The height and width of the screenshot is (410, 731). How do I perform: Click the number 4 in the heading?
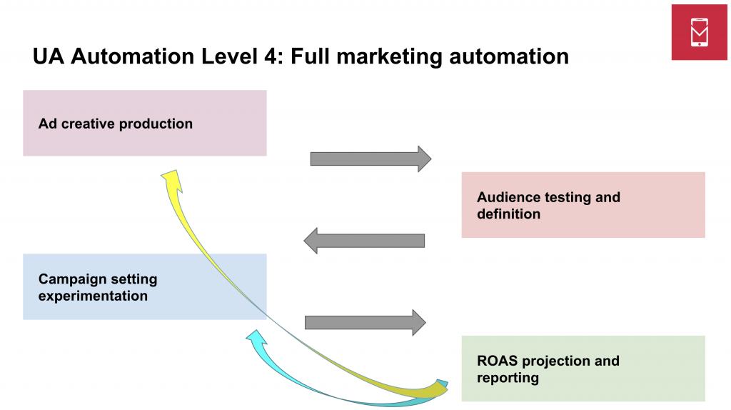pyautogui.click(x=273, y=57)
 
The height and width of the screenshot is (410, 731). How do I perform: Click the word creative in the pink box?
pyautogui.click(x=89, y=124)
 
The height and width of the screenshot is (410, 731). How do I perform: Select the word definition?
pyautogui.click(x=508, y=214)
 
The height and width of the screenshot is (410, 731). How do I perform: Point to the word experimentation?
pyautogui.click(x=93, y=296)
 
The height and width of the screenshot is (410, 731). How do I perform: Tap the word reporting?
pyautogui.click(x=508, y=377)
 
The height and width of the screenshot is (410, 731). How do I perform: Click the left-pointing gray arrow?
pyautogui.click(x=364, y=240)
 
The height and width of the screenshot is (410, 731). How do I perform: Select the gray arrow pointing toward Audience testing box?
pyautogui.click(x=370, y=159)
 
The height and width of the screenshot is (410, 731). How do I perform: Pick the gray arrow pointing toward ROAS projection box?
pyautogui.click(x=365, y=322)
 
